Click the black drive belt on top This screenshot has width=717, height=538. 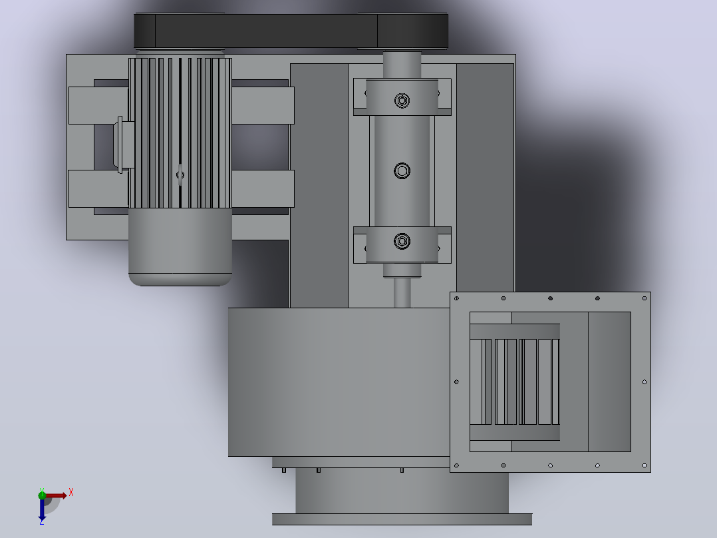click(x=291, y=31)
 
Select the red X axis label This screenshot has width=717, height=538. click(x=71, y=493)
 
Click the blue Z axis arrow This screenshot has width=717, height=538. click(x=42, y=509)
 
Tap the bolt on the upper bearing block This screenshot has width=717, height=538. click(x=402, y=101)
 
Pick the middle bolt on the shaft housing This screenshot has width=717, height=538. click(x=402, y=170)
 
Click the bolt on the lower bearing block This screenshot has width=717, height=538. click(x=402, y=241)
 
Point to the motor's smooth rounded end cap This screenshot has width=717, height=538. click(x=180, y=247)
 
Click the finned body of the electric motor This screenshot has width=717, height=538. click(x=180, y=133)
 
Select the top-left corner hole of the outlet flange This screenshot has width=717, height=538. click(x=456, y=298)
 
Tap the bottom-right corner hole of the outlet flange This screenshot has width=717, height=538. click(x=645, y=465)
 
